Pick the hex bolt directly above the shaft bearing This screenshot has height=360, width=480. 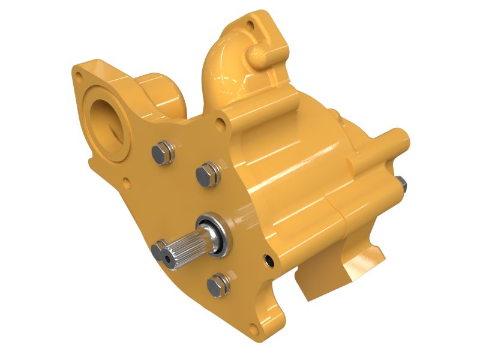click(207, 173)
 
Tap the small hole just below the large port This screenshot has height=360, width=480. click(125, 179)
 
